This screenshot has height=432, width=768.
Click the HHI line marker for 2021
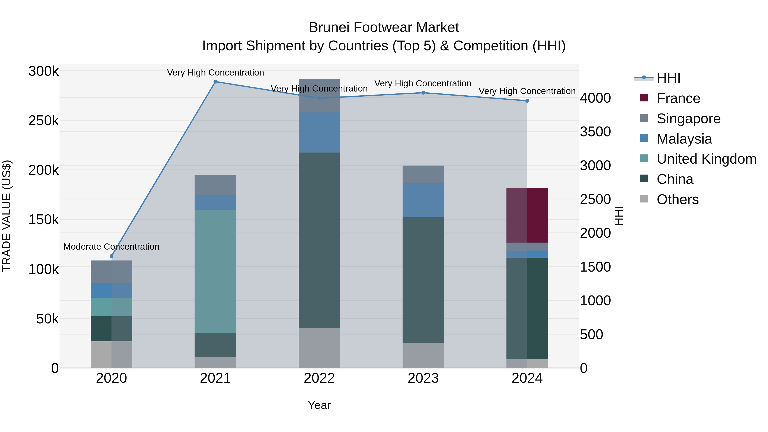(215, 82)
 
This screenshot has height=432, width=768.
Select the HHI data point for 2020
(112, 256)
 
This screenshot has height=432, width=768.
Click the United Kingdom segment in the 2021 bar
(215, 271)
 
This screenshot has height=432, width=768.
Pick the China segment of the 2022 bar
(319, 240)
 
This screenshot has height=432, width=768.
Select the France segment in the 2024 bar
(527, 215)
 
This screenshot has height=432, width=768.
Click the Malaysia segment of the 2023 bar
(423, 200)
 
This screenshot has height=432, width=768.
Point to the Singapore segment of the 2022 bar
(319, 96)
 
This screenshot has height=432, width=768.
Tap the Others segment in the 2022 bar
(319, 348)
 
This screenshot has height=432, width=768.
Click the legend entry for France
(678, 98)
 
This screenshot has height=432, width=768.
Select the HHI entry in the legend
(668, 78)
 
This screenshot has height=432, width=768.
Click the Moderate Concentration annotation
(112, 247)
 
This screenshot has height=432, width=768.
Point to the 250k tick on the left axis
(44, 121)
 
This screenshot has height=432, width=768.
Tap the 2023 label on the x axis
(423, 378)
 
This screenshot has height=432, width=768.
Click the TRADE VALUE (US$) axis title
(7, 216)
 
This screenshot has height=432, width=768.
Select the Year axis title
(319, 405)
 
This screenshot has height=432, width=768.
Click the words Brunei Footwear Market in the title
(384, 28)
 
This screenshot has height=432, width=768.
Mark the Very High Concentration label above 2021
(215, 73)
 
